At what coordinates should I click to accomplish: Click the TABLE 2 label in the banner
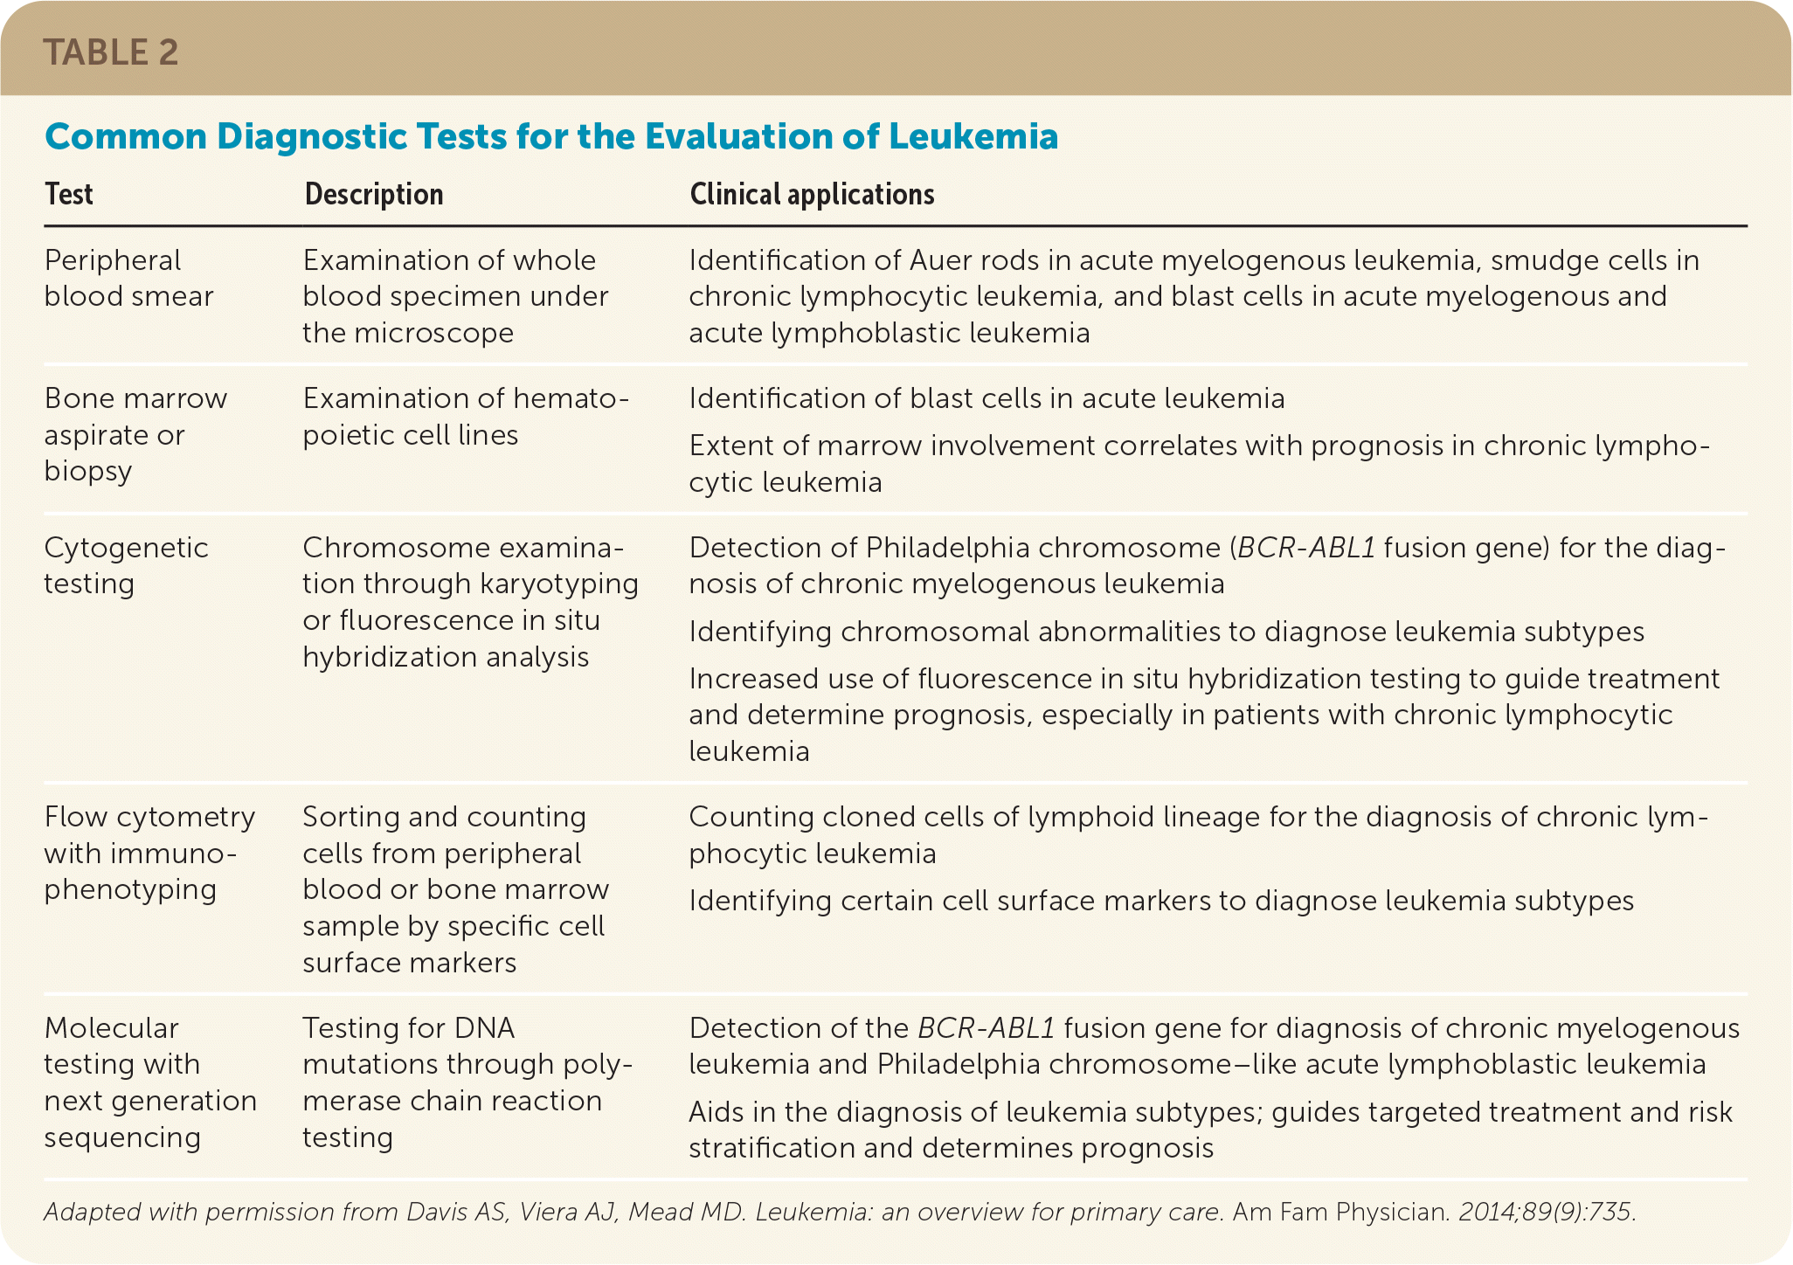click(x=111, y=52)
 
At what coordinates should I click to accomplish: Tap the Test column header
click(x=69, y=194)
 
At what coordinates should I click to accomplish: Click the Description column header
click(x=374, y=194)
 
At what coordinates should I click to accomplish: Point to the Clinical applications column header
click(x=812, y=194)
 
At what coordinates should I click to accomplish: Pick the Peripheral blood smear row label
click(x=128, y=278)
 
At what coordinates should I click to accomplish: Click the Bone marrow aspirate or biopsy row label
click(x=135, y=434)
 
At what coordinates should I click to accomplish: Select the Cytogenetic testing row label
click(x=126, y=565)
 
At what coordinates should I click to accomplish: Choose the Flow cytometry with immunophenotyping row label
click(x=149, y=853)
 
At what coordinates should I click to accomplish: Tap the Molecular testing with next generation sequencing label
click(x=150, y=1082)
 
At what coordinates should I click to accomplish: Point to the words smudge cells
click(x=1587, y=260)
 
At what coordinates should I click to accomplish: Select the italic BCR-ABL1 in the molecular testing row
click(x=986, y=1028)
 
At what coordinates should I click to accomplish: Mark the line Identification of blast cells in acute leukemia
click(x=986, y=398)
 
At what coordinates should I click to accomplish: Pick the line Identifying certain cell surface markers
click(x=1160, y=901)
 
